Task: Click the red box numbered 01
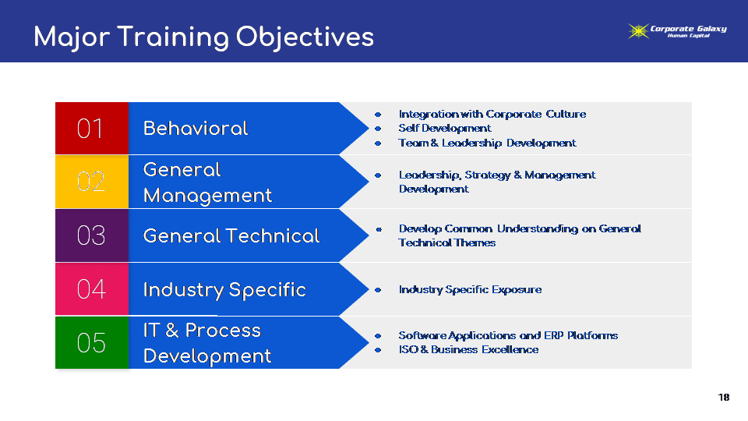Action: tap(92, 128)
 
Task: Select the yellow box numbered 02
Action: tap(92, 182)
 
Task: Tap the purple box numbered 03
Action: tap(92, 235)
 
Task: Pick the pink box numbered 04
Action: tap(92, 288)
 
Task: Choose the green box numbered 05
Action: tap(92, 342)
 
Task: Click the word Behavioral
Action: tap(196, 129)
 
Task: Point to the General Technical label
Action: tap(231, 235)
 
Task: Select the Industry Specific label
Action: tap(224, 290)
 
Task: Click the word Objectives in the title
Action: tap(305, 37)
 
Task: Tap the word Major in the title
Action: tap(72, 37)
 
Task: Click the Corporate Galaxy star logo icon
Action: tap(638, 31)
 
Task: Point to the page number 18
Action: tap(724, 397)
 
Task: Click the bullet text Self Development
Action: tap(445, 129)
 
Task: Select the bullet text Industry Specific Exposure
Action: tap(470, 290)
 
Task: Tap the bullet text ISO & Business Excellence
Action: tap(468, 349)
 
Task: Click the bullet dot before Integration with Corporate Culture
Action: tap(378, 115)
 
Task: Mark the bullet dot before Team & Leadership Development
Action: tap(378, 143)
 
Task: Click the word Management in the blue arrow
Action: tap(207, 196)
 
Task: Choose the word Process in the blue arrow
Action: tap(223, 331)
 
